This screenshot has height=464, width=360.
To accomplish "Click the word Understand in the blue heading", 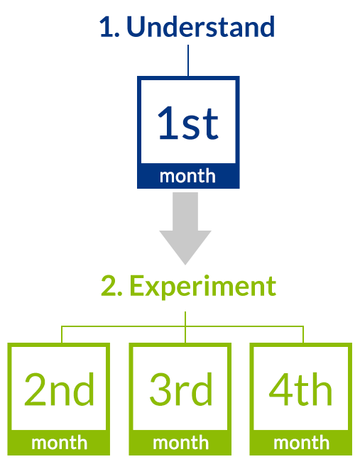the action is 201,27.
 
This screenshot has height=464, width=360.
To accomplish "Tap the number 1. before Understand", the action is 109,27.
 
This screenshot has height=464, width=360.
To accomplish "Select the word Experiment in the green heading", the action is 203,287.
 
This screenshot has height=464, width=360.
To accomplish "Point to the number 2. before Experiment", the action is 111,286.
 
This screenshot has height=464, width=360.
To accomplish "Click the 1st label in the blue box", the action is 188,123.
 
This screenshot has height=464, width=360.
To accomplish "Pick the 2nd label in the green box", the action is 59,389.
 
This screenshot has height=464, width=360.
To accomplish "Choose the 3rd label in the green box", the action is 181,389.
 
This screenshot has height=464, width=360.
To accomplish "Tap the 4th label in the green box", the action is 300,389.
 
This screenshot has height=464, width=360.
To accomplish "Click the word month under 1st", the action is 187,177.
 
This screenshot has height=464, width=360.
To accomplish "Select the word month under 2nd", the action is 59,443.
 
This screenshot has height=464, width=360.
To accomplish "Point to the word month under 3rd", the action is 180,443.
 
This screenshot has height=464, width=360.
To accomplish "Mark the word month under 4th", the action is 301,443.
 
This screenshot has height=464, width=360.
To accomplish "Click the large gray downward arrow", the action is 185,228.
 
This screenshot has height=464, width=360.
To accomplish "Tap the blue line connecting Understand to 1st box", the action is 188,60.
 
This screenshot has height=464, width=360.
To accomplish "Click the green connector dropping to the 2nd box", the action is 62,334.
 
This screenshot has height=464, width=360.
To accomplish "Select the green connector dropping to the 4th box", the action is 303,334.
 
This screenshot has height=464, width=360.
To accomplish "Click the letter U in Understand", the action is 136,27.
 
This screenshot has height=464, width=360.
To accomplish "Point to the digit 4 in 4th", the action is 280,389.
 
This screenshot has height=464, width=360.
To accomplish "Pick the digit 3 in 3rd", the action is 160,389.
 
